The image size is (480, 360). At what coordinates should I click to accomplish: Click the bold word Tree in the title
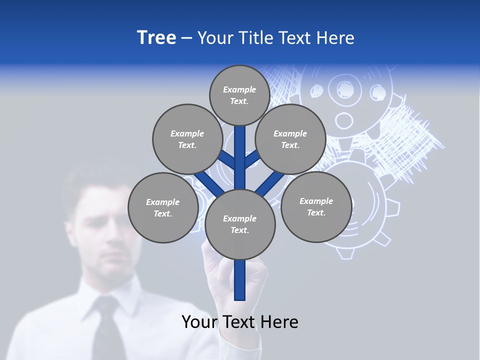pos(156,37)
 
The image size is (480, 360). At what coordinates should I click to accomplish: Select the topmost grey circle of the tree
pos(239,95)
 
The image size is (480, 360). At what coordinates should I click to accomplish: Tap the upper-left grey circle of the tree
pos(187,139)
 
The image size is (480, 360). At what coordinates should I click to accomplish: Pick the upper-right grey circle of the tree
pos(290,139)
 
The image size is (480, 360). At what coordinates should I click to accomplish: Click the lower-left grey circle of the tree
pos(163,207)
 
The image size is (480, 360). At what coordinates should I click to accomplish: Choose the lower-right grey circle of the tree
pos(316,206)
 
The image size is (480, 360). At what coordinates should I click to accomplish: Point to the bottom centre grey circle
pos(240,224)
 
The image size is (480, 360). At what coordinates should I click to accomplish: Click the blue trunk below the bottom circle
pos(240,280)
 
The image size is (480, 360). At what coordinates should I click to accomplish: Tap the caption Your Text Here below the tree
pos(240,321)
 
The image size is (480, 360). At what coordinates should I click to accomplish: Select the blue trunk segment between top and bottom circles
pos(240,157)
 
